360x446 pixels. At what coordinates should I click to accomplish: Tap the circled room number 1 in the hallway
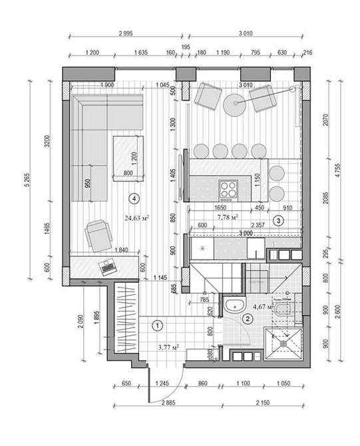(x=157, y=326)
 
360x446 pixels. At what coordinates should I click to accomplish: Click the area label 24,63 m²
(x=136, y=217)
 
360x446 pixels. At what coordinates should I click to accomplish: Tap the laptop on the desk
(x=107, y=268)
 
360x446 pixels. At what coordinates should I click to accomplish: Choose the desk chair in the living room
(x=96, y=234)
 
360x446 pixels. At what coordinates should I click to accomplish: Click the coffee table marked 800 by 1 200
(x=128, y=157)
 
